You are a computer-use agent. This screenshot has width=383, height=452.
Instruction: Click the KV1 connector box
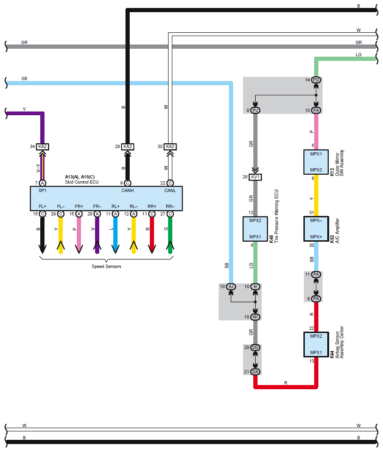(x=255, y=177)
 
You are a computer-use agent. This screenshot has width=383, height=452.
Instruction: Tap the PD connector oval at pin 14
(x=316, y=80)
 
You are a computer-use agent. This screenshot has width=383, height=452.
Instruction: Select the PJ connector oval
(x=255, y=110)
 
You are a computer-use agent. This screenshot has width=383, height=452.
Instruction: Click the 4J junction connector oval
(x=231, y=287)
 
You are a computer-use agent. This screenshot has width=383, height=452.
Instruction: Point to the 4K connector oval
(x=255, y=317)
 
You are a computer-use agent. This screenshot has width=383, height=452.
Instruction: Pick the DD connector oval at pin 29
(x=255, y=348)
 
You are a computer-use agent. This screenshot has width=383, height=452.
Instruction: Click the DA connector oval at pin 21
(x=255, y=372)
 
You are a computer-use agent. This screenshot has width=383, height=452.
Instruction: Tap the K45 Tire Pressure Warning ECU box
(x=255, y=229)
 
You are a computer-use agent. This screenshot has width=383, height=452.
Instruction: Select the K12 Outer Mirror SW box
(x=316, y=162)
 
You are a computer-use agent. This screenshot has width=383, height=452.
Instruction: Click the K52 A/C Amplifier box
(x=316, y=229)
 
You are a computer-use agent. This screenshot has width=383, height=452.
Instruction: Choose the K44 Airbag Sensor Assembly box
(x=316, y=344)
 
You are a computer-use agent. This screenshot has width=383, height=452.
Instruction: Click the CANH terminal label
(x=127, y=190)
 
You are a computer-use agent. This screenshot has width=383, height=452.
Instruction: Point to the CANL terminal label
(x=170, y=190)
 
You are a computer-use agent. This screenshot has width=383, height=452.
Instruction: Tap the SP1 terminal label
(x=42, y=190)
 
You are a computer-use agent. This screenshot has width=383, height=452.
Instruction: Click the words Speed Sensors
(x=106, y=267)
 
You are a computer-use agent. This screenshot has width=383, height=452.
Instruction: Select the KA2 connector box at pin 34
(x=42, y=147)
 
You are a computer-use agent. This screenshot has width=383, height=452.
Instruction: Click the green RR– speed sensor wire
(x=170, y=235)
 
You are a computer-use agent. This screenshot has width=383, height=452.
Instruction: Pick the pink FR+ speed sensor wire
(x=79, y=235)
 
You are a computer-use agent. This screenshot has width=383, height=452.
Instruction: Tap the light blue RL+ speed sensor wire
(x=115, y=235)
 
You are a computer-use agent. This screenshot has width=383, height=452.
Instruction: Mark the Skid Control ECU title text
(x=82, y=182)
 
